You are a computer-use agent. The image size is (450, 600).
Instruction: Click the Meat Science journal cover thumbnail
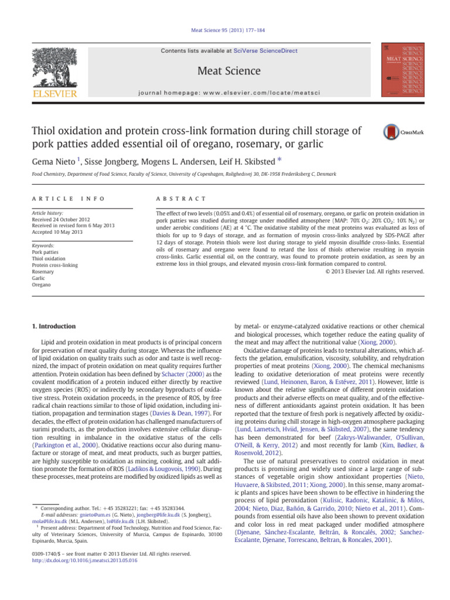point(403,69)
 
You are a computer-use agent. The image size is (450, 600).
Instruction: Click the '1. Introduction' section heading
point(53,326)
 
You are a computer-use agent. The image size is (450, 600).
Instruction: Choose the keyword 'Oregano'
point(43,285)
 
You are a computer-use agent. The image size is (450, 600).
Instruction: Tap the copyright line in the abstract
point(375,271)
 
